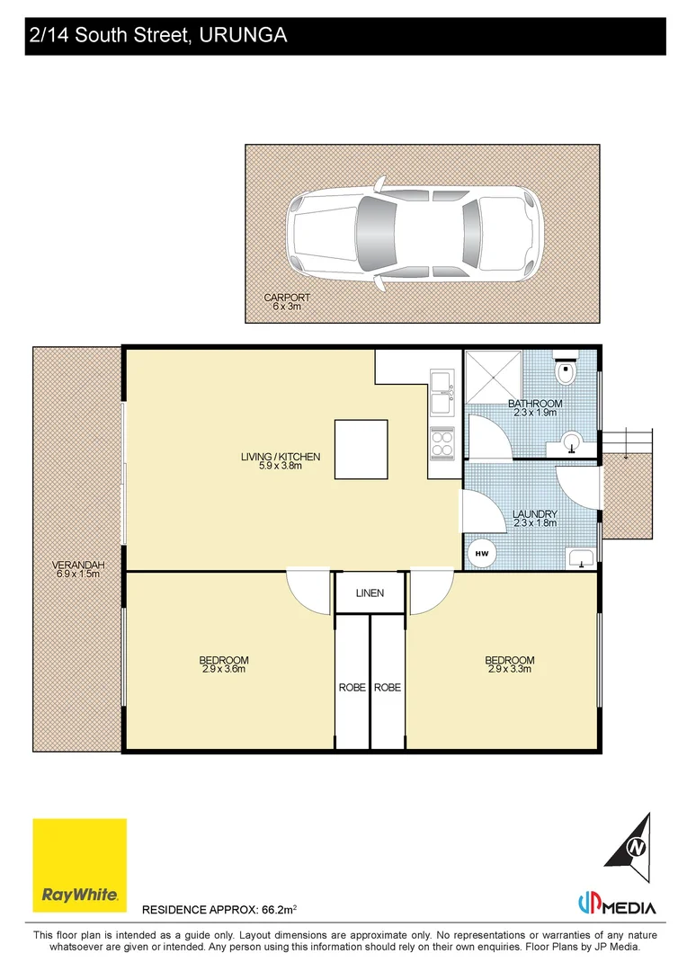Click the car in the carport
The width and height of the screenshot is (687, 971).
tap(415, 232)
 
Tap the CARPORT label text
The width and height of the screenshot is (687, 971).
tap(287, 298)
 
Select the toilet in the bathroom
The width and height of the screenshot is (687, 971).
tap(567, 370)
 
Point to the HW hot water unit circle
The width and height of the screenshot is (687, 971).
tap(481, 553)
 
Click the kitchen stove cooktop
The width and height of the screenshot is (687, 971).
tap(442, 441)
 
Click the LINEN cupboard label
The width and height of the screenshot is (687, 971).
tap(370, 593)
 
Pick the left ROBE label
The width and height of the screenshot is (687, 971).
tap(352, 687)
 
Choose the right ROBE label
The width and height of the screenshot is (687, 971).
tap(387, 687)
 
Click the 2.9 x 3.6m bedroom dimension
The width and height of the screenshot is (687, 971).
tap(224, 669)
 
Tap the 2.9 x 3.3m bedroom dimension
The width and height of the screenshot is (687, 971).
tap(510, 669)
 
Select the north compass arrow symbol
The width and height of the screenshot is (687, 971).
tap(636, 844)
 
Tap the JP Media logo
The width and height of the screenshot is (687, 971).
tap(617, 905)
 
